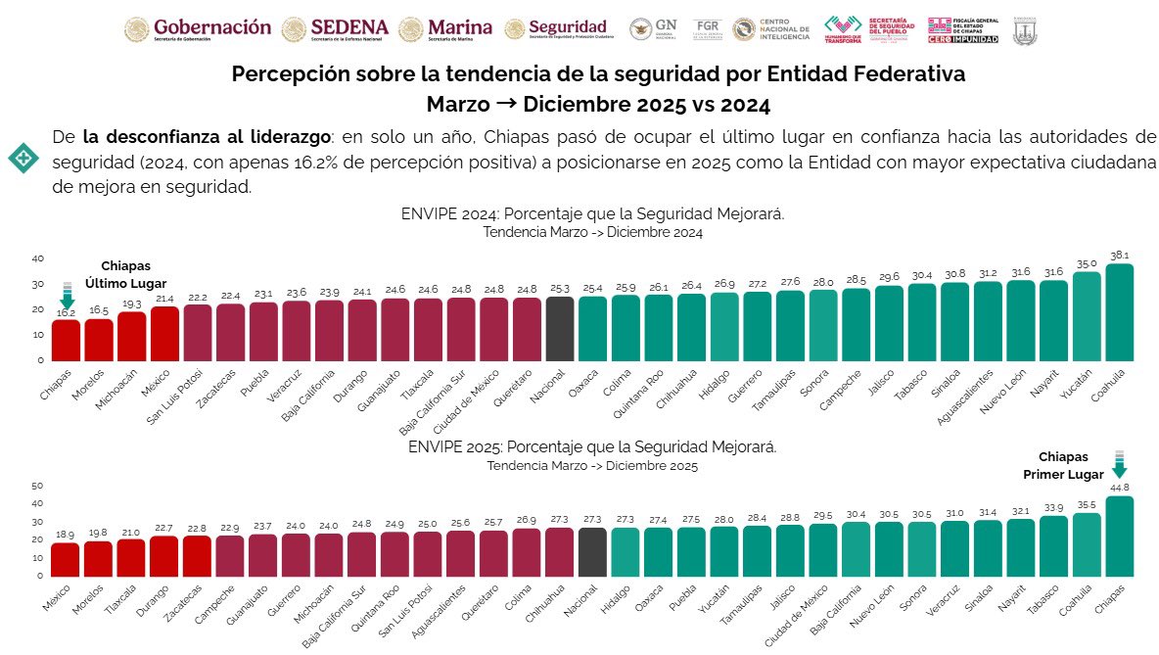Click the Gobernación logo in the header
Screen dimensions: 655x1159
197,29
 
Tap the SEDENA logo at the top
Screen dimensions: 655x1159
335,29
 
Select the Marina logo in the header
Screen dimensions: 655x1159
446,29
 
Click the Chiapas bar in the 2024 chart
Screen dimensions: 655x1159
67,339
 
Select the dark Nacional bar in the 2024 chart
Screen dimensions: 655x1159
560,328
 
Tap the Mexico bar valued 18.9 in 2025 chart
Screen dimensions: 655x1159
67,559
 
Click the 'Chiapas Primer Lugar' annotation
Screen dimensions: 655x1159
1063,465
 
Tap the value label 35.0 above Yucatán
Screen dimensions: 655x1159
1086,263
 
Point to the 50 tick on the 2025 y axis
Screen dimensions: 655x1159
38,486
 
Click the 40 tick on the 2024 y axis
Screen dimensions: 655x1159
38,258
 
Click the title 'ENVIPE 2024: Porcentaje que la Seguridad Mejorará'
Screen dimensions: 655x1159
592,213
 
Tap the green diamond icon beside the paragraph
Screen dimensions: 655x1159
23,158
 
